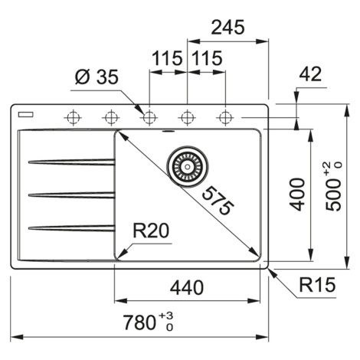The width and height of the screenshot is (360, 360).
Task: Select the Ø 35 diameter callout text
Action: [97, 77]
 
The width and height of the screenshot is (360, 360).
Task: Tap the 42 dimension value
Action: [310, 74]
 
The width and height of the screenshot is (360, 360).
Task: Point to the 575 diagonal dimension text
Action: [218, 201]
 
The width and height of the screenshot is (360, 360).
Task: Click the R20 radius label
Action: [151, 231]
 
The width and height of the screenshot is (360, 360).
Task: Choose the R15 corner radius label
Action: [317, 285]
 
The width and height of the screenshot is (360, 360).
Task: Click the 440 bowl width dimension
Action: [187, 288]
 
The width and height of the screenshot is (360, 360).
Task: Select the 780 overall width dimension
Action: [148, 322]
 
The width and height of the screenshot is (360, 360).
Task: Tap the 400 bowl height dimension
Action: [298, 195]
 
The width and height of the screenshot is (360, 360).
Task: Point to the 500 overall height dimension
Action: [333, 186]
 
